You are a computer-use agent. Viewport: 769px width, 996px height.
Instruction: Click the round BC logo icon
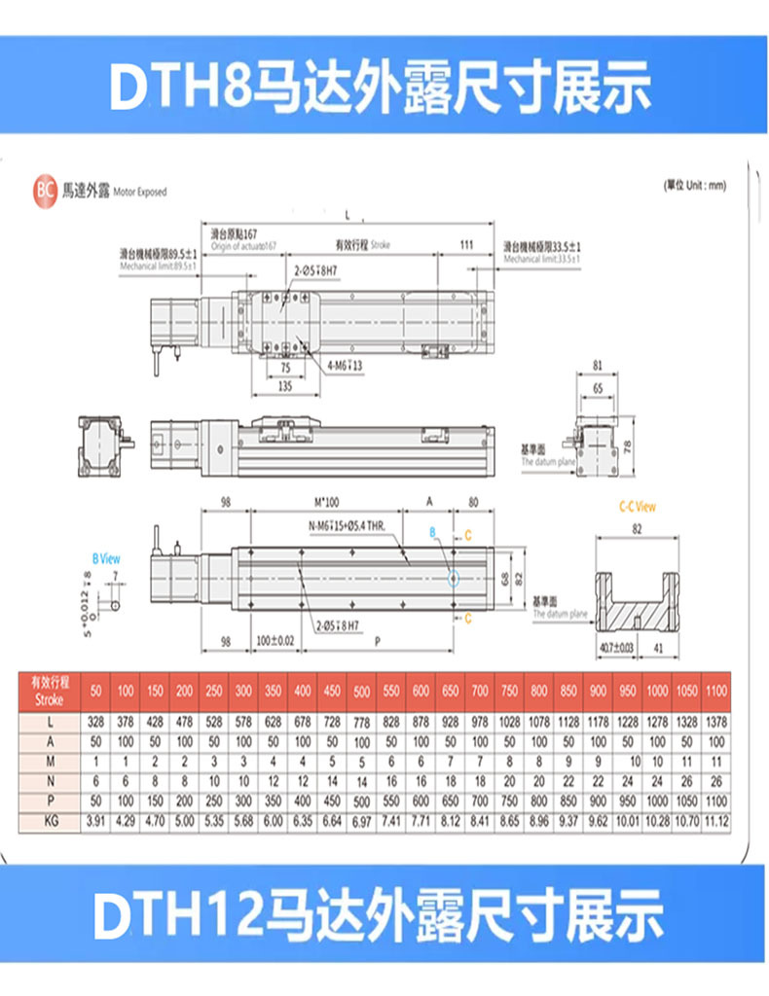point(45,191)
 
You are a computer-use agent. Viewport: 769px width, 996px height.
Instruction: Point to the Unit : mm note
point(693,185)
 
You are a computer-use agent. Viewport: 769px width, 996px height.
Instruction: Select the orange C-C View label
point(638,507)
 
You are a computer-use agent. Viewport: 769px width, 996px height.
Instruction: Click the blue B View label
point(106,559)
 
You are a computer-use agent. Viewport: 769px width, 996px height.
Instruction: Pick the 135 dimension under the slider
point(284,386)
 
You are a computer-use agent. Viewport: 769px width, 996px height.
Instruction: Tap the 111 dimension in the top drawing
point(465,245)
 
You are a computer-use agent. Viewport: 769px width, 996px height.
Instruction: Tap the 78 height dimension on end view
point(628,445)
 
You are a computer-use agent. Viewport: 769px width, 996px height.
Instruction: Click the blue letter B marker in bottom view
point(434,532)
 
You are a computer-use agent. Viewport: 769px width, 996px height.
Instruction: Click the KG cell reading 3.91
point(95,822)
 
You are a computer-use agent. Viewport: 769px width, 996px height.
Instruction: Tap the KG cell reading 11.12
point(715,822)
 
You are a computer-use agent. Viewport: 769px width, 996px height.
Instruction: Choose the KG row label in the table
point(48,822)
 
